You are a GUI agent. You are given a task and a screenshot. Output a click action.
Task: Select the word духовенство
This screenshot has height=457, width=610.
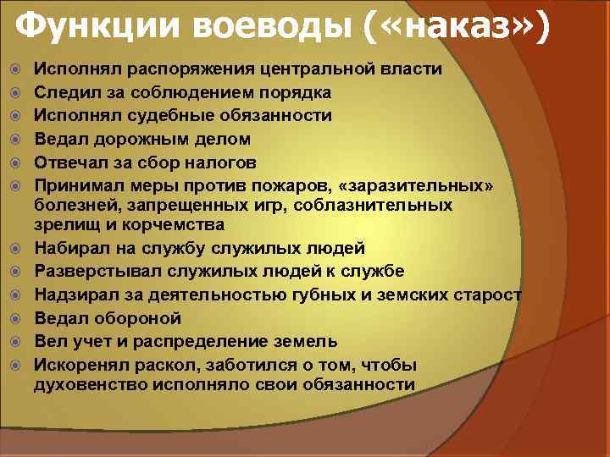[x=90, y=385]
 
